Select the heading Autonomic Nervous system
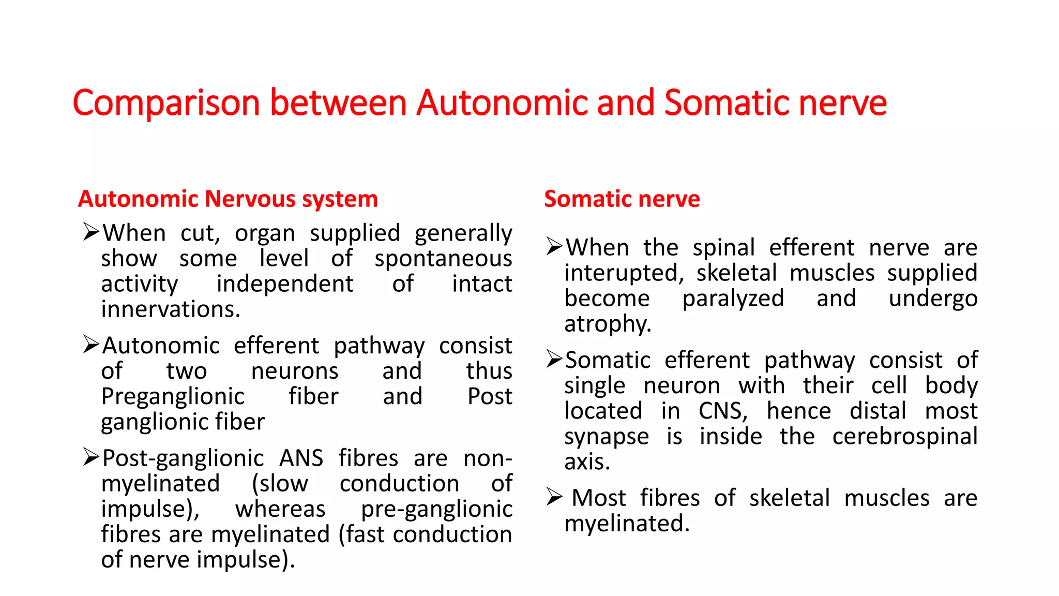tap(228, 199)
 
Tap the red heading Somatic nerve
tap(622, 199)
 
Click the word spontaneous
tap(443, 259)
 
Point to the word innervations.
tap(171, 309)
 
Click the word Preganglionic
tap(173, 397)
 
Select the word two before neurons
tap(186, 371)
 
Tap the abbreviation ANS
tap(301, 458)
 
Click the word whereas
tap(280, 509)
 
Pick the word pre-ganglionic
tap(436, 509)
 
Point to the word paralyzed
tap(733, 299)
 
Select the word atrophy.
tap(608, 324)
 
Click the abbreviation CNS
tap(723, 411)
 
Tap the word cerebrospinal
tap(905, 437)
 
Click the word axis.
tap(587, 462)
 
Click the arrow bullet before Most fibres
tap(554, 498)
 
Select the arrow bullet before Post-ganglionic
tap(91, 457)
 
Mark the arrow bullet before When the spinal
tap(554, 247)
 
